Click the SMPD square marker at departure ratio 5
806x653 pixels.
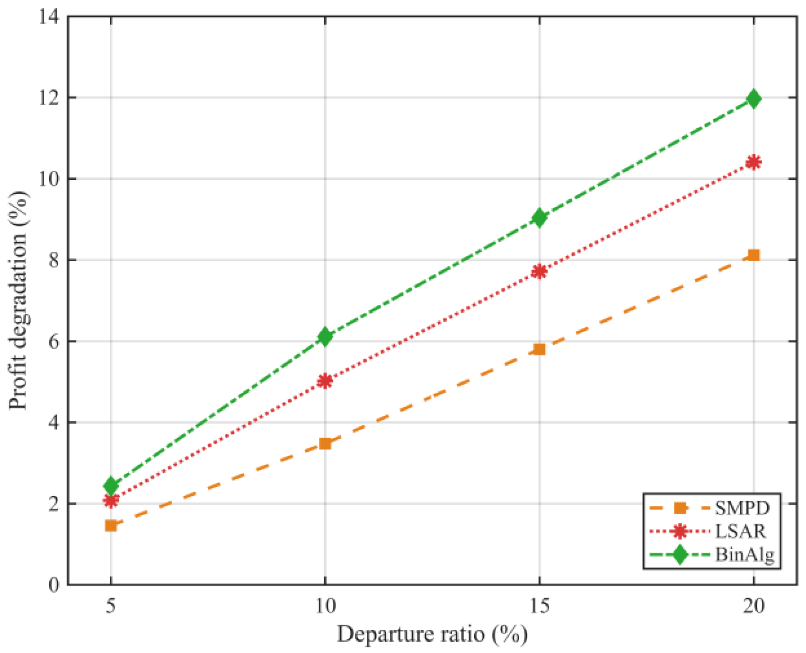(111, 526)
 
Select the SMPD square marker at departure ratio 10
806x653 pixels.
(325, 443)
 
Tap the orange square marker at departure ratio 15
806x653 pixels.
(540, 350)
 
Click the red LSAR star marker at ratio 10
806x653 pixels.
(325, 381)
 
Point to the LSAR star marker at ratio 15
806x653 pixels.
(540, 272)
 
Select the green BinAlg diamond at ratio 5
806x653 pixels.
(111, 485)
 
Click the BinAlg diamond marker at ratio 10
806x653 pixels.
(325, 336)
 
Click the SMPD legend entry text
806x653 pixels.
(742, 508)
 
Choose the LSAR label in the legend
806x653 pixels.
(740, 531)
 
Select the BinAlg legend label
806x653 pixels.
(744, 555)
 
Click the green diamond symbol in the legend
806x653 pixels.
(680, 555)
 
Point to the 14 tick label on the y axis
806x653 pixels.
(49, 17)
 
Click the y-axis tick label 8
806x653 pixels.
(54, 260)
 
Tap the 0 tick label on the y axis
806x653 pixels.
(54, 585)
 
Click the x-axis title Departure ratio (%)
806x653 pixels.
(432, 635)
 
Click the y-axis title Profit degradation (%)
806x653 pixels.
(19, 301)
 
